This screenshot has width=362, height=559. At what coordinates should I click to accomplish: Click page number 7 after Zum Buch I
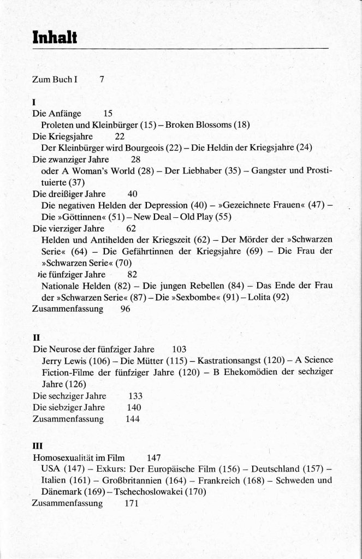tap(102, 79)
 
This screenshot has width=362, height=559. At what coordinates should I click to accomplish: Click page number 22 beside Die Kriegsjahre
tap(120, 136)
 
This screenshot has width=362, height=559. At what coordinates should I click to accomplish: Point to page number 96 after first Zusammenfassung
tap(126, 308)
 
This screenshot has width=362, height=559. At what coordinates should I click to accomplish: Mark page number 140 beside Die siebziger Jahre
tap(134, 407)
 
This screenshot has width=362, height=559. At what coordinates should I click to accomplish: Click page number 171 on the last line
tap(132, 503)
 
